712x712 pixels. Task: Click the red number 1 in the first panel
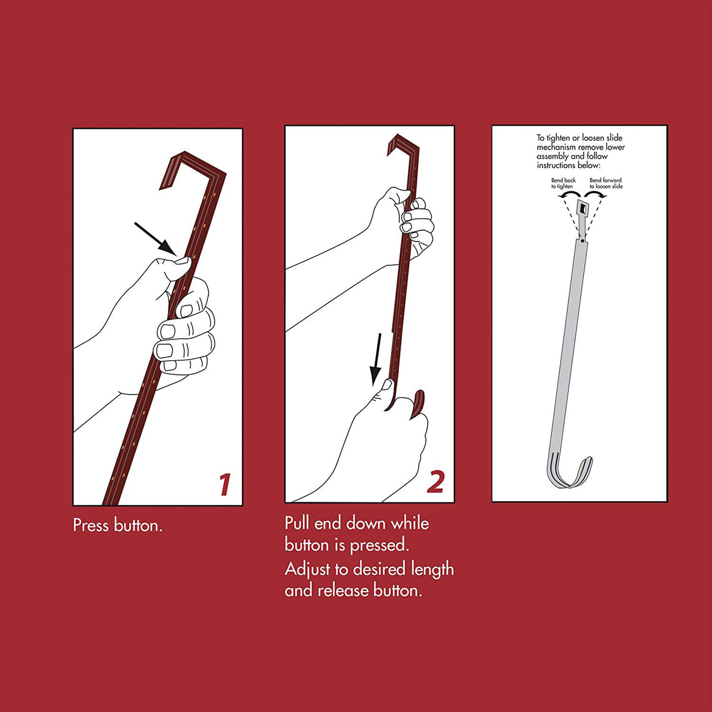click(225, 484)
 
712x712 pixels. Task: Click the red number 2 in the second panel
click(436, 482)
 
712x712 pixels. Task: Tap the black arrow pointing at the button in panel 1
click(155, 239)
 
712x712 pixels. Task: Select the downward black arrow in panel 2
click(376, 358)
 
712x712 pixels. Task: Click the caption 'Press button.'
click(117, 526)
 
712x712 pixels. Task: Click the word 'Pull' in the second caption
click(297, 523)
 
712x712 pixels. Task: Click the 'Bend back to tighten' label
click(563, 183)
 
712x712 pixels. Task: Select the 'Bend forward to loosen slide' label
click(606, 183)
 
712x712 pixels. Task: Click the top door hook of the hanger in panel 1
click(192, 166)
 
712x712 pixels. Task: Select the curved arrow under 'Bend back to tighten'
click(569, 195)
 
